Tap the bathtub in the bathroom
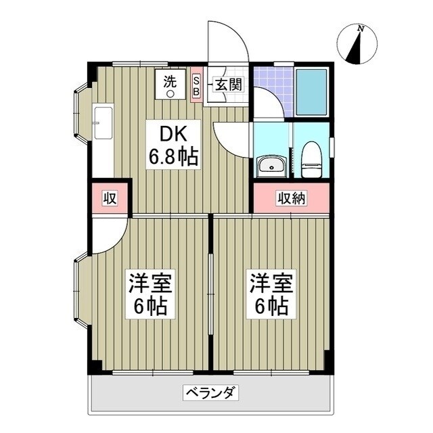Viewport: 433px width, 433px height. coord(312,92)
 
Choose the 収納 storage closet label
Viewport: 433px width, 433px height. coord(291,198)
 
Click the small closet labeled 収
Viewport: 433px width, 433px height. coord(110,199)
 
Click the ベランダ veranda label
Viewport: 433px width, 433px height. coord(209,392)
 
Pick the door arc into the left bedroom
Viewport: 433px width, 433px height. coord(108,237)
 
